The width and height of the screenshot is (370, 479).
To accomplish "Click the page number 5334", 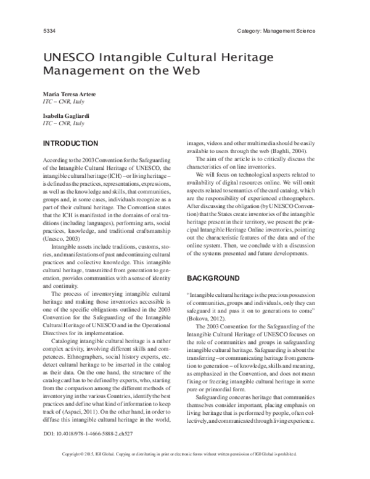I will (49, 31).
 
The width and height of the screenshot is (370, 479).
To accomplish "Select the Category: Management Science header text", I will (276, 31).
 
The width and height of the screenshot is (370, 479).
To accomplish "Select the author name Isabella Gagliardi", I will (66, 115).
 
